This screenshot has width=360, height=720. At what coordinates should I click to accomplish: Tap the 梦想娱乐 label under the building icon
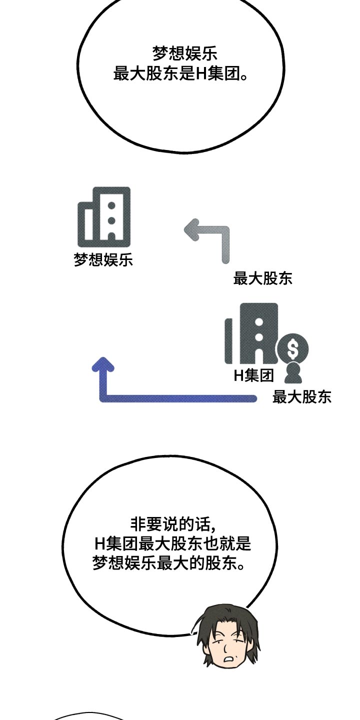(x=103, y=259)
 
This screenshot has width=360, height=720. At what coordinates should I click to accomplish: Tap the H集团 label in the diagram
(x=254, y=375)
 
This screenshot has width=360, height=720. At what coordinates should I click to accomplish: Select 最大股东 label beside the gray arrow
(x=262, y=278)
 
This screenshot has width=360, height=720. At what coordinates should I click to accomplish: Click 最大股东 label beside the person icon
(x=301, y=397)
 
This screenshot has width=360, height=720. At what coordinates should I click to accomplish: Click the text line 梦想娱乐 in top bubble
(x=184, y=53)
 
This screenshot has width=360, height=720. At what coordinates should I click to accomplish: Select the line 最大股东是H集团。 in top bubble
(x=180, y=73)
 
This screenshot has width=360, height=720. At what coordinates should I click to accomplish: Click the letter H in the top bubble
(x=201, y=74)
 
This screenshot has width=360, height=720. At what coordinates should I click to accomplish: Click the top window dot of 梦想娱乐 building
(x=112, y=205)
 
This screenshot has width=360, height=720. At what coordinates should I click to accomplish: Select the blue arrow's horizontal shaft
(x=180, y=398)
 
